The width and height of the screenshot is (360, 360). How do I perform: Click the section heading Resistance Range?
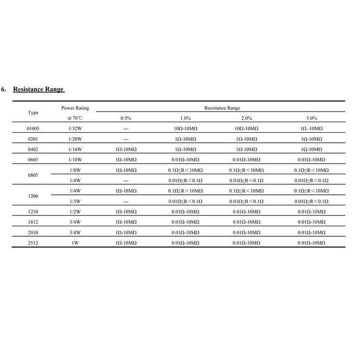[39, 89]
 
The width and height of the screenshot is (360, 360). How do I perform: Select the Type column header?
[33, 113]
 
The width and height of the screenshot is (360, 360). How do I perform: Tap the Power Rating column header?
[75, 113]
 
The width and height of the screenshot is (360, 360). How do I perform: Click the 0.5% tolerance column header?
[126, 118]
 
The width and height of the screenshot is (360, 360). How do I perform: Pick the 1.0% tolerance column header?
[185, 118]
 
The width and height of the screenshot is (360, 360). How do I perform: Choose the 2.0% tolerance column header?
[246, 118]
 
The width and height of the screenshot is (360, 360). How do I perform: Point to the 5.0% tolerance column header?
[312, 118]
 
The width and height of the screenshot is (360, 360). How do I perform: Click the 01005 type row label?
[33, 128]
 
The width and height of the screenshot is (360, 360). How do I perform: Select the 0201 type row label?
[33, 139]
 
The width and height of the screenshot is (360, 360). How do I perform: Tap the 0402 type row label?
[33, 149]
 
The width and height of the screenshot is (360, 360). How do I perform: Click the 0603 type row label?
[33, 159]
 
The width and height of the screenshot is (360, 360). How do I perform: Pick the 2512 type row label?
[33, 243]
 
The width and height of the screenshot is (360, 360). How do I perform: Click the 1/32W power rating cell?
[75, 128]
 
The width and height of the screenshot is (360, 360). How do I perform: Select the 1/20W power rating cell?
[75, 139]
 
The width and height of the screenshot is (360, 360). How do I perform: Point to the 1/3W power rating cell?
[75, 201]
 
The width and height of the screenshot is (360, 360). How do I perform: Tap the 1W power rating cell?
[75, 243]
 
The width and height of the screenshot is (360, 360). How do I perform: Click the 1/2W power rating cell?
[75, 212]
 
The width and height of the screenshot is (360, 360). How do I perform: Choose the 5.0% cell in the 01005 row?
[312, 128]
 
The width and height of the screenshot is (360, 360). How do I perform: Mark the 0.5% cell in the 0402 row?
[126, 149]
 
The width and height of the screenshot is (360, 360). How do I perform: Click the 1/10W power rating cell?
[75, 159]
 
